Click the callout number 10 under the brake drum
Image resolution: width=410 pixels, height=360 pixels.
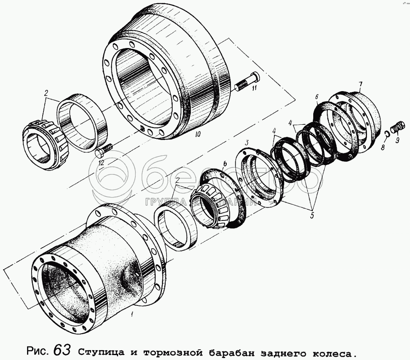pos(198,134)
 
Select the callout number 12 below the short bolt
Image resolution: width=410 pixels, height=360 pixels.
pos(101,163)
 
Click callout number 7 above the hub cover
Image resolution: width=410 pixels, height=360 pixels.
pos(360,84)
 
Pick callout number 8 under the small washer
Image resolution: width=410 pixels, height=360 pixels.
pos(383,148)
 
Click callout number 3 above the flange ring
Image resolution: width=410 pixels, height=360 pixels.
pos(246,143)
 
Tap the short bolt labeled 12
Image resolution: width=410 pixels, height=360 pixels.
pos(104,150)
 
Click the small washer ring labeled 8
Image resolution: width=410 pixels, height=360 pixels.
pos(388,133)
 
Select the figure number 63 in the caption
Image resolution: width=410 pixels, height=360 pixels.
pos(62,349)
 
